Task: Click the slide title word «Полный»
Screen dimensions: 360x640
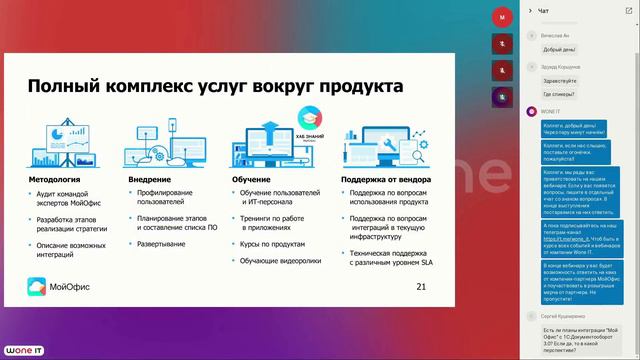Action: (x=62, y=87)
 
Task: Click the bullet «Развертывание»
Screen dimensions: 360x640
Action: (x=162, y=243)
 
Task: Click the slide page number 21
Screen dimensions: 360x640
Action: (x=420, y=288)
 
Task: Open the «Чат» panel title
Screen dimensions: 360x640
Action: (x=543, y=11)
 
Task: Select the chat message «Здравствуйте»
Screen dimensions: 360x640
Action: (x=560, y=79)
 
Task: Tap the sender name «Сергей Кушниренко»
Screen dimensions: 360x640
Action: (x=565, y=315)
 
